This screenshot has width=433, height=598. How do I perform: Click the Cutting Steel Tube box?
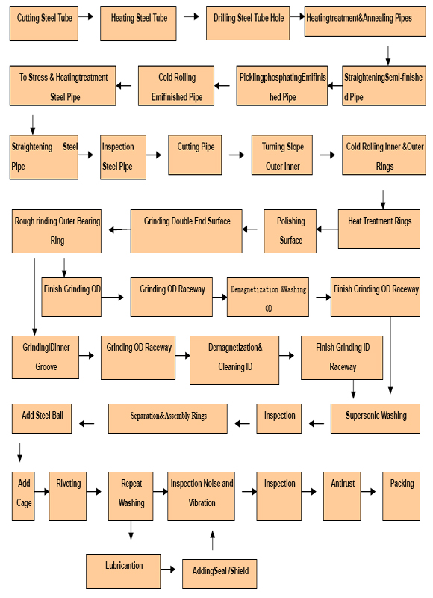click(44, 23)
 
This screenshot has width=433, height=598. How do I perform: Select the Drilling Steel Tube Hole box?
click(248, 23)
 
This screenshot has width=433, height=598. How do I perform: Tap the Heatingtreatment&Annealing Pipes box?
click(365, 21)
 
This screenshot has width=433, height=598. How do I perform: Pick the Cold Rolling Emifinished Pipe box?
click(176, 86)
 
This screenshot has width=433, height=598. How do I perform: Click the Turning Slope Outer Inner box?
click(281, 155)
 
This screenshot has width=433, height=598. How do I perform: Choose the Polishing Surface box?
click(290, 231)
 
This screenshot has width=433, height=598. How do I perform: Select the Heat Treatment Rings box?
click(379, 229)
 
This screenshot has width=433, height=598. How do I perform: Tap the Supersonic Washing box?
click(375, 419)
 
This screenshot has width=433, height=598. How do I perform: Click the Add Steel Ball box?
click(42, 419)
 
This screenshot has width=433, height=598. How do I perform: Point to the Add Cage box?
click(23, 496)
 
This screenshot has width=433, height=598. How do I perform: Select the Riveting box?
click(67, 496)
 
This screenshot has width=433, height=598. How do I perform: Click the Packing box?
click(401, 496)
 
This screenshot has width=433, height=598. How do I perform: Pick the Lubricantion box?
click(123, 571)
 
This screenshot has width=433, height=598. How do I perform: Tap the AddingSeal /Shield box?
click(219, 574)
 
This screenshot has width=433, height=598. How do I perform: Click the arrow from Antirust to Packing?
click(368, 492)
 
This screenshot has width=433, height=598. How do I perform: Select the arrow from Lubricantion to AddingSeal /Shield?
click(167, 570)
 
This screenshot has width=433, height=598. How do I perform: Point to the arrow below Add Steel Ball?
click(20, 452)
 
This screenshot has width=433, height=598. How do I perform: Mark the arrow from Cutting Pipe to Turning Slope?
click(237, 155)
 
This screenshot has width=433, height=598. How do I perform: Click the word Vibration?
click(202, 502)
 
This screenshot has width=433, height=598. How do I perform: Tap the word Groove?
click(46, 366)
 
